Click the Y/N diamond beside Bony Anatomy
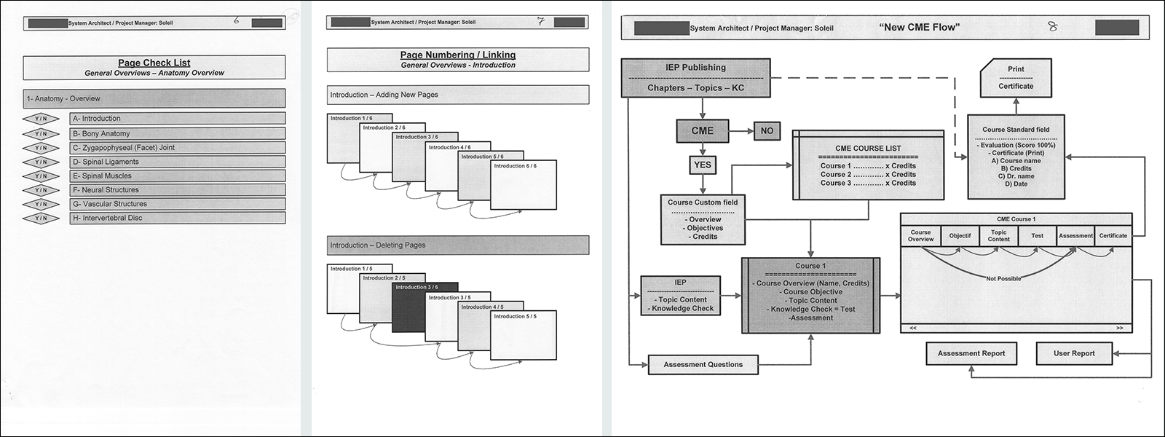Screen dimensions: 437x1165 coord(41,134)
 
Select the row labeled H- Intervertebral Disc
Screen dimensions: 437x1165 coord(177,218)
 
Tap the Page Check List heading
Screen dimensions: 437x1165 coord(154,63)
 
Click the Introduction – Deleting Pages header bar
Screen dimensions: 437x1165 coord(457,245)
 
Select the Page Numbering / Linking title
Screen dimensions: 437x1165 coord(457,55)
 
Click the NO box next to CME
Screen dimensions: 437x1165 coord(767,131)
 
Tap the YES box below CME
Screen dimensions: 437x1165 coord(702,165)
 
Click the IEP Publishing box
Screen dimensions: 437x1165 coord(695,77)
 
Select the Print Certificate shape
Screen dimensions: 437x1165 coord(1016,77)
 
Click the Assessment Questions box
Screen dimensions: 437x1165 coord(703,364)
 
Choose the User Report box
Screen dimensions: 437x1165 coord(1074,353)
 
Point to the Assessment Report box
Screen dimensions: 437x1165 coord(971,353)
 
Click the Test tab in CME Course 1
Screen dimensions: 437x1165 coord(1037,235)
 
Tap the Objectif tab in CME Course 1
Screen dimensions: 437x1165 coord(960,235)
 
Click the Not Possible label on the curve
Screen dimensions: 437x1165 coord(1003,278)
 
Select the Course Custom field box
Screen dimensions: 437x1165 coord(703,219)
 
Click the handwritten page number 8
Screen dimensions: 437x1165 coord(1052,27)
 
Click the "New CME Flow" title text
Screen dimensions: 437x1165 coord(919,28)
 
